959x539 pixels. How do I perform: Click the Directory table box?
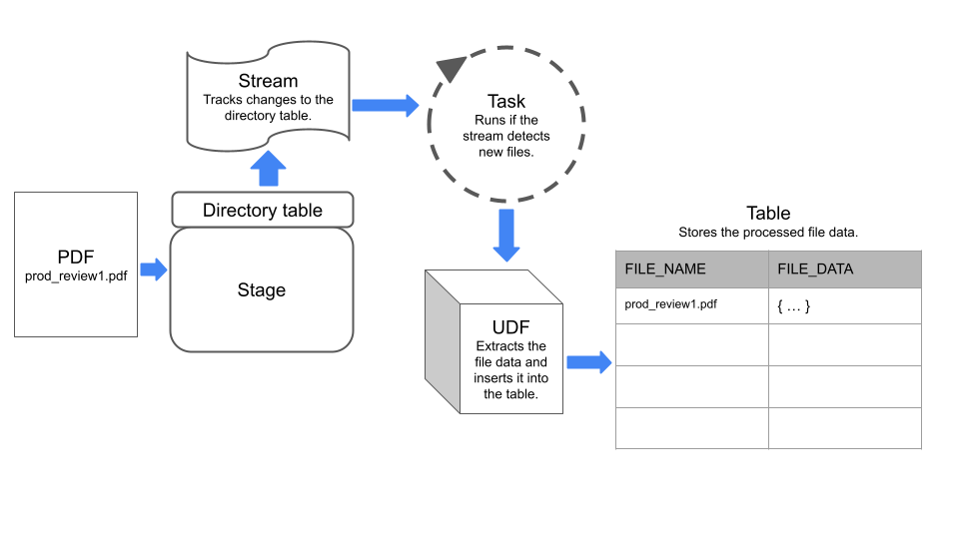coord(263,210)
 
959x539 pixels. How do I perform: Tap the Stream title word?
coord(268,80)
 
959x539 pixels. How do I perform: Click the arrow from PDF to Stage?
coord(153,269)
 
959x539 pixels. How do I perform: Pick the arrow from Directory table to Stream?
coord(267,168)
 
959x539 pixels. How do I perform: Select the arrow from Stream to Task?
coord(386,104)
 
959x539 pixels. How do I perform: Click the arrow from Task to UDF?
coord(506,235)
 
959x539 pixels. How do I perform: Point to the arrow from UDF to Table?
coord(588,362)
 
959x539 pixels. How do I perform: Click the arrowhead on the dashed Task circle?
coord(452,69)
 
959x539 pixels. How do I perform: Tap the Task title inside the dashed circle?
coord(506,101)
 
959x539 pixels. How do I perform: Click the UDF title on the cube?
coord(509,326)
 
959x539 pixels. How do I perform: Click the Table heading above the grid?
coord(768,214)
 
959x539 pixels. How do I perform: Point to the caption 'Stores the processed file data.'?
coord(768,233)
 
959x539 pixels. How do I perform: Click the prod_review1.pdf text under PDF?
coord(76,276)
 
